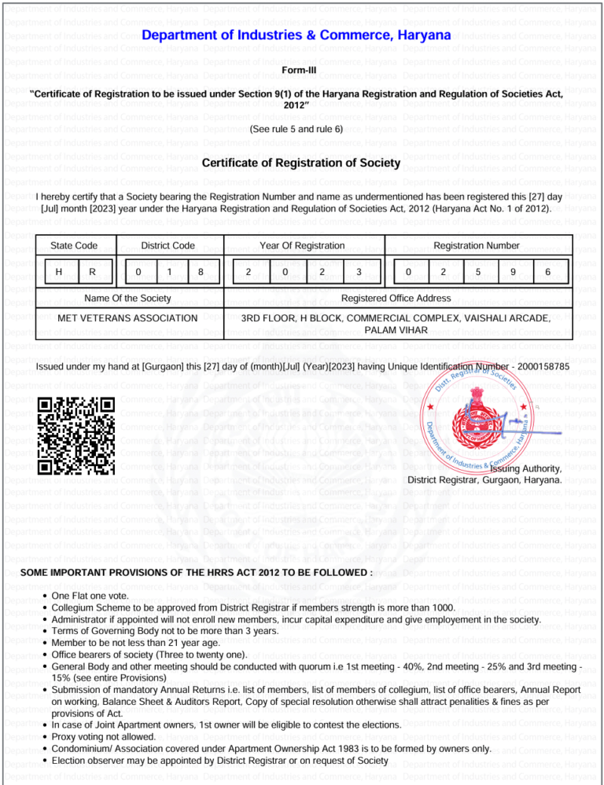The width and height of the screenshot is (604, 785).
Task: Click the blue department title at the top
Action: [296, 36]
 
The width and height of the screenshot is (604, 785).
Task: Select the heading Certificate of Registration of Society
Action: [301, 163]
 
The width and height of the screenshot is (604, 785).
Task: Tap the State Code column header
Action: [74, 246]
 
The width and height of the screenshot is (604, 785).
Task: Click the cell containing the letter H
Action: [60, 272]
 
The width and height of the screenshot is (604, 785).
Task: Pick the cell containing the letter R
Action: [94, 272]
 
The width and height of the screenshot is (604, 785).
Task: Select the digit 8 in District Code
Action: [201, 272]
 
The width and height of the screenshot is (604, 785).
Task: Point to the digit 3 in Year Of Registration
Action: [359, 272]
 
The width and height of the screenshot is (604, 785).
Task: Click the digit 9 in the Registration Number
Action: [512, 272]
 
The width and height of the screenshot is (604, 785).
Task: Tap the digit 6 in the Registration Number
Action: [547, 272]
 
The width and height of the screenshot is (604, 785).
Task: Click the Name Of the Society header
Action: [127, 299]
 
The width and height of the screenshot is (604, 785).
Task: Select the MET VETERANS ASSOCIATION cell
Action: [128, 318]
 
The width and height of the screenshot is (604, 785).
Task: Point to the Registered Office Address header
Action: [396, 299]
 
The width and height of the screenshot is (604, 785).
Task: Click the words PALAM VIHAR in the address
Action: [396, 330]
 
